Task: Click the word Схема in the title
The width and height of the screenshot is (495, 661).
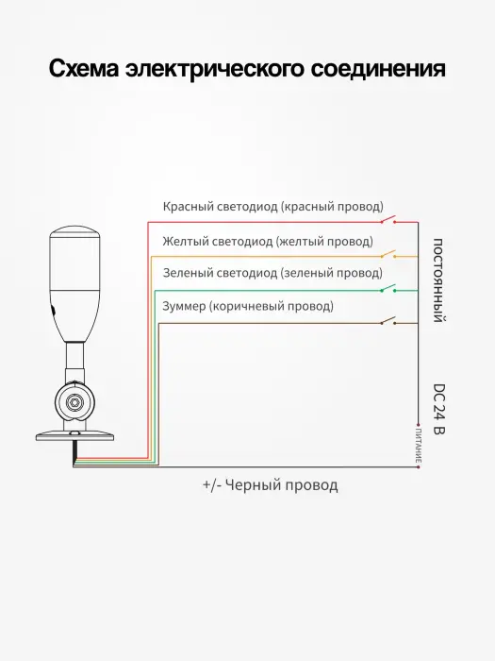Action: tap(84, 69)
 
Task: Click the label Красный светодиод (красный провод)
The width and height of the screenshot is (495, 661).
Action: tap(273, 207)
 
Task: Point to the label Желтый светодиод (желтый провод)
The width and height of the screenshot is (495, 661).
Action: tap(268, 241)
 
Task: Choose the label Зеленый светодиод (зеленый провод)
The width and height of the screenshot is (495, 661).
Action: tap(272, 273)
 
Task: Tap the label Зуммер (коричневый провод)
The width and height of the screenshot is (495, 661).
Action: tap(248, 306)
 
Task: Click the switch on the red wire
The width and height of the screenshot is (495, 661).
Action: tap(388, 220)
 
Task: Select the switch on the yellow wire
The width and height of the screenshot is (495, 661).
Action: tap(388, 254)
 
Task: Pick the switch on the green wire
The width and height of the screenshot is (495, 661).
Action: tap(388, 288)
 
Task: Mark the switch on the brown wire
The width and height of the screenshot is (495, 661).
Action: tap(388, 321)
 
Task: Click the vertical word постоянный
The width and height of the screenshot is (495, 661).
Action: tap(437, 280)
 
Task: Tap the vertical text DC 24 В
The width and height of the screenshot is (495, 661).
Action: tap(439, 409)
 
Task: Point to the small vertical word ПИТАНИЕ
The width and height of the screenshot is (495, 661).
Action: tap(419, 445)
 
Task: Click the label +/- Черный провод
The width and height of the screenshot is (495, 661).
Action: tap(271, 485)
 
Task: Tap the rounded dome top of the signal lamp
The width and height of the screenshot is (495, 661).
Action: tap(74, 232)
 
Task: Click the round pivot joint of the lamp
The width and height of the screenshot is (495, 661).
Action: tap(74, 401)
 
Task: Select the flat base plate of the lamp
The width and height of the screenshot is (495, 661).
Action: tap(74, 436)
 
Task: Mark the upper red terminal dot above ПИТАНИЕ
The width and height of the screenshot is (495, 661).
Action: tap(418, 425)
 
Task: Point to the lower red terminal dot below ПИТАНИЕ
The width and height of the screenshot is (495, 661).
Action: tap(418, 466)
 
